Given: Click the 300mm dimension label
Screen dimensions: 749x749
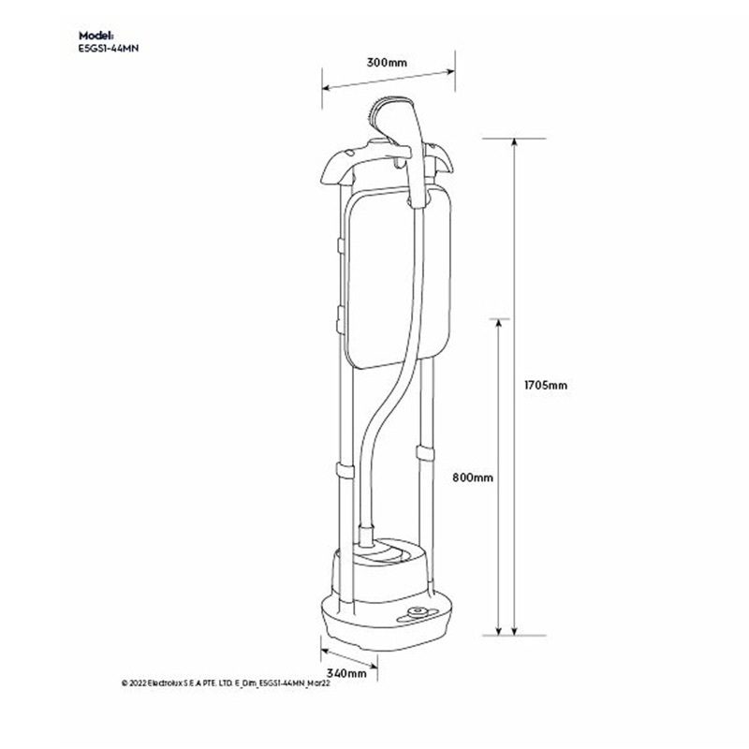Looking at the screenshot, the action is [x=387, y=63].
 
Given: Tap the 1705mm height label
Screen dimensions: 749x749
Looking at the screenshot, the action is [x=546, y=385].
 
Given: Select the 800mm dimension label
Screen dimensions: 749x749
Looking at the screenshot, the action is [x=473, y=477].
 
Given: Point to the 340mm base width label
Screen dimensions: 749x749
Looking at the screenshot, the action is [x=346, y=673].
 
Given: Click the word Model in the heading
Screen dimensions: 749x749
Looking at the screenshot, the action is [x=96, y=36].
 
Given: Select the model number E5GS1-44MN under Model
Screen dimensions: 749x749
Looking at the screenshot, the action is [x=109, y=49].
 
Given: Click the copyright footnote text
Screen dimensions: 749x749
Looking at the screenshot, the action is [x=226, y=683].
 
